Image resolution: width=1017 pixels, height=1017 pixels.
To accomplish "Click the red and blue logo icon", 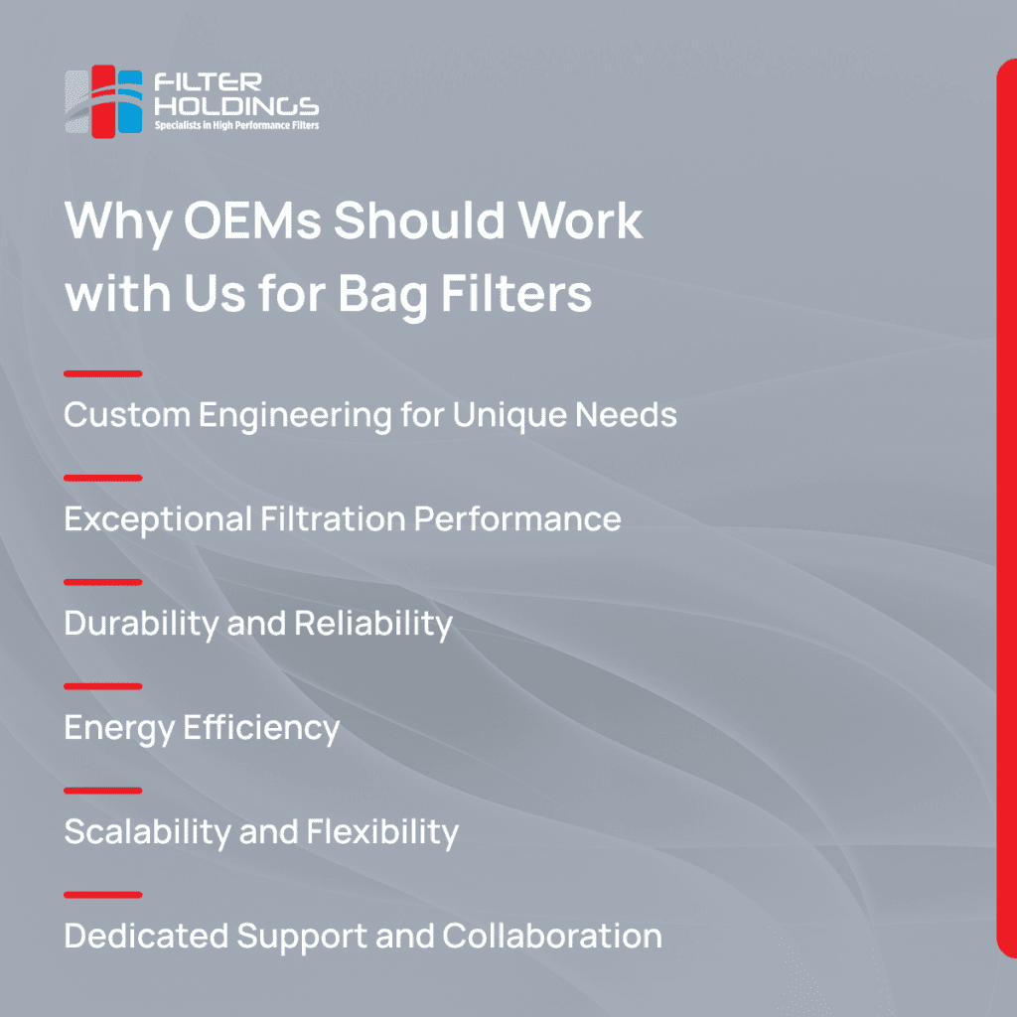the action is [103, 101].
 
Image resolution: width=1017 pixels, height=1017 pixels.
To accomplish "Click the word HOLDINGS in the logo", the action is [236, 106].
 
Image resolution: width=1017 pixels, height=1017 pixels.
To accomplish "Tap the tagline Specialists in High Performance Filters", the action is [236, 125].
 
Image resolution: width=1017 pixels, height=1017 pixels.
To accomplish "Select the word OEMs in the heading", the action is [253, 219].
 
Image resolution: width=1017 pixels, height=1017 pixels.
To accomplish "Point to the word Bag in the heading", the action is [382, 295].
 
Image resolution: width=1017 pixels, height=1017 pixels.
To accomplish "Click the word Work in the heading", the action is [580, 219].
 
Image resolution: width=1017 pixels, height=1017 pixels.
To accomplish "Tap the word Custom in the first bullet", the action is [127, 414].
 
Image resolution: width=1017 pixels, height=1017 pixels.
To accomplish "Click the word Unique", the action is [509, 416].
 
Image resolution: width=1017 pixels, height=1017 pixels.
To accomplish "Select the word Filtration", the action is [333, 518].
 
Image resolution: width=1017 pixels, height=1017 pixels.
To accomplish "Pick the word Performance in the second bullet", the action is [516, 519].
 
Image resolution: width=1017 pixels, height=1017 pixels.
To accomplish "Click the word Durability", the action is [141, 624].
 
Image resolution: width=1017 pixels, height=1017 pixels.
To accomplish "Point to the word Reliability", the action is [373, 624].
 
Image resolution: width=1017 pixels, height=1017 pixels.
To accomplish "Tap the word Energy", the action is [119, 729].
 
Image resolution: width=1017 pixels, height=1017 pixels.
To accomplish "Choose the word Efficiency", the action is [261, 728].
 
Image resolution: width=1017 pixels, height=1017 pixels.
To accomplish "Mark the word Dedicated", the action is [147, 936].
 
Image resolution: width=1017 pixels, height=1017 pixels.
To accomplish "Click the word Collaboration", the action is [552, 936].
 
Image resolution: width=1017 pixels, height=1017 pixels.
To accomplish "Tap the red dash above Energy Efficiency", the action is [103, 686].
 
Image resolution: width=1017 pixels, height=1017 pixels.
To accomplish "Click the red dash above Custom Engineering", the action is [103, 373].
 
